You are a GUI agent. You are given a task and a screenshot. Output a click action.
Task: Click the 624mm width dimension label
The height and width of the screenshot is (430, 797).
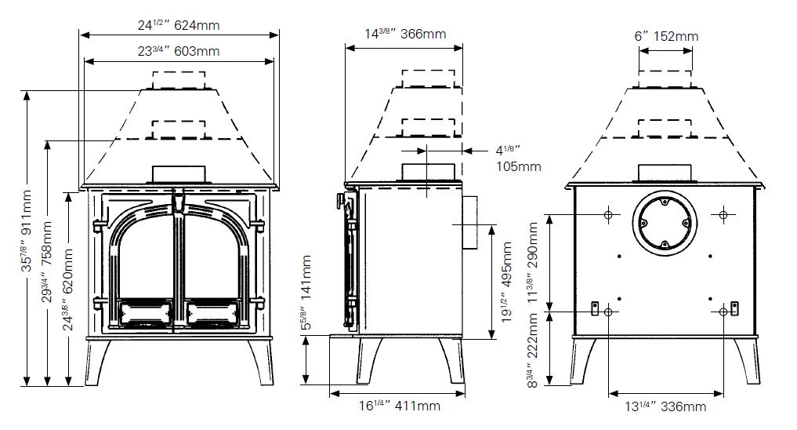point(179,25)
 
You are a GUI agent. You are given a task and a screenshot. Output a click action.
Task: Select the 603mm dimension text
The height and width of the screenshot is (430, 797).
point(179,52)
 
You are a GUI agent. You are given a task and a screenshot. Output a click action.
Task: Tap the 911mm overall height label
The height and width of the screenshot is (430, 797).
point(27,231)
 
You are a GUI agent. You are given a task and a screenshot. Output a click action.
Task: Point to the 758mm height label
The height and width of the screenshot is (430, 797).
point(47,261)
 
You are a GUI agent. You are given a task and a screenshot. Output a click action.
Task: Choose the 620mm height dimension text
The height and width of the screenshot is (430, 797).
point(68,290)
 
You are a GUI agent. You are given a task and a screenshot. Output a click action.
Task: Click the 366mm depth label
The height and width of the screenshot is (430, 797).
point(405,34)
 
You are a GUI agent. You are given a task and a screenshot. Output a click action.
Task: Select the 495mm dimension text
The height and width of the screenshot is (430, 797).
point(506,282)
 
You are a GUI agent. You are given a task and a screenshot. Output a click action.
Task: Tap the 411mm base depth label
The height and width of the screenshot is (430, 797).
point(400,406)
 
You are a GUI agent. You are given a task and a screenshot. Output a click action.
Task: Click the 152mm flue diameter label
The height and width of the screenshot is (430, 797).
point(666,36)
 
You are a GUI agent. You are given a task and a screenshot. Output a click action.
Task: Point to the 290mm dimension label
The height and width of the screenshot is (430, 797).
point(533,262)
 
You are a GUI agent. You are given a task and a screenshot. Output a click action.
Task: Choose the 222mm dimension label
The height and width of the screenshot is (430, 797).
point(532,350)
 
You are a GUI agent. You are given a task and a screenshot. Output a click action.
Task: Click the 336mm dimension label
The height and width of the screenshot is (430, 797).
point(665,406)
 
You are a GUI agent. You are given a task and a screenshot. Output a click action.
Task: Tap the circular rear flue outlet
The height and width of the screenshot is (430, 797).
point(665,222)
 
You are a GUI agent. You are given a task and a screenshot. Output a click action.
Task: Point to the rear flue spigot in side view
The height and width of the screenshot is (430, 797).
point(470,222)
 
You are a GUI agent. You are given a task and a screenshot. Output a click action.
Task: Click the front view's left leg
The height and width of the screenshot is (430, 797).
point(98,362)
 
